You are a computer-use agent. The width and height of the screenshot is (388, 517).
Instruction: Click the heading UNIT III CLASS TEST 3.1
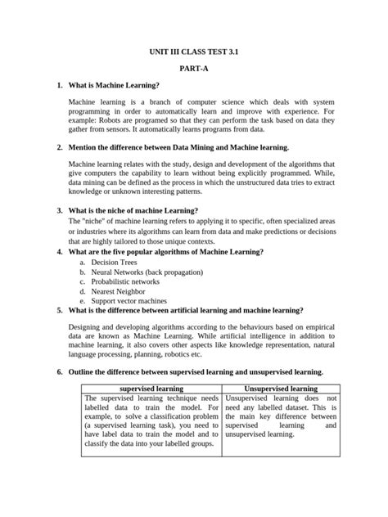click(194, 50)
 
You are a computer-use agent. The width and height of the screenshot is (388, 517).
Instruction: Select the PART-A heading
click(194, 68)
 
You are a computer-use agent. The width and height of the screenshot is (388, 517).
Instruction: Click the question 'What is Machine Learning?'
click(114, 85)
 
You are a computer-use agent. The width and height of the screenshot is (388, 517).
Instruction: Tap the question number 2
click(60, 147)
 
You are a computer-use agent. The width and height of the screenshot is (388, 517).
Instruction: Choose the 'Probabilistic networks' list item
click(125, 281)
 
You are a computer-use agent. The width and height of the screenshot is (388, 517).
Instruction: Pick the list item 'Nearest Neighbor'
click(119, 291)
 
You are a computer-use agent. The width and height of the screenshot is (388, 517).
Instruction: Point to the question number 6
click(60, 371)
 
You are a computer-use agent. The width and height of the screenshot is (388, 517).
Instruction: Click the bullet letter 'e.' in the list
click(83, 301)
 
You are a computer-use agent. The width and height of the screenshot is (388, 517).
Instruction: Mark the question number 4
click(60, 252)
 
